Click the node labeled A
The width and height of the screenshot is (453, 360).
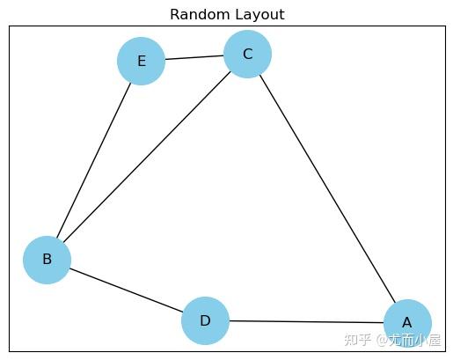407,323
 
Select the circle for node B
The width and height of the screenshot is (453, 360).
47,260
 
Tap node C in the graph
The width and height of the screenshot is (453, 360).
247,55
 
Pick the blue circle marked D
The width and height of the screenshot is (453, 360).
205,320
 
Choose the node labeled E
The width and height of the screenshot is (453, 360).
141,62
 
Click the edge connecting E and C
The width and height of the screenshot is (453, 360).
194,58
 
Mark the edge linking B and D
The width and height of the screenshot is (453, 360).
126,290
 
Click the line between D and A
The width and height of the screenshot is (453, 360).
306,321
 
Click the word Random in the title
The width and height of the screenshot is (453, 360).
195,15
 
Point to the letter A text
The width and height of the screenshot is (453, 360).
407,323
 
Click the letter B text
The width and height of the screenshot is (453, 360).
47,260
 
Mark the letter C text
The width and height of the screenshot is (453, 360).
247,55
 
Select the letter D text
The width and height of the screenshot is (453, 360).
205,320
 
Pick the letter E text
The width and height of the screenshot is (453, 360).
141,62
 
